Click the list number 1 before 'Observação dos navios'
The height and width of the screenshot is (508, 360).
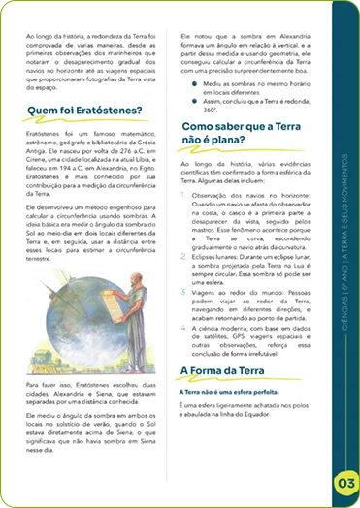(x=187, y=195)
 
